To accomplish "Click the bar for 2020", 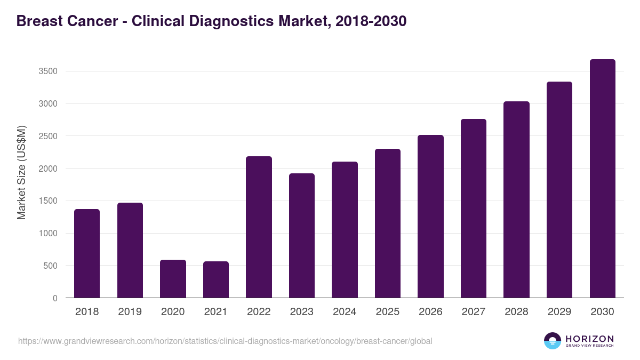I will [x=173, y=279].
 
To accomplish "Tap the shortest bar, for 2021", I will [x=216, y=279].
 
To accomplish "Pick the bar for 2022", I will [x=259, y=227].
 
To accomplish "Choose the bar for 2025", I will [x=388, y=223].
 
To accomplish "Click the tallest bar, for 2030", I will [x=602, y=179].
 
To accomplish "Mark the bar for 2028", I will [x=516, y=199].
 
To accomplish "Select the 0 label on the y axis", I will [x=55, y=299].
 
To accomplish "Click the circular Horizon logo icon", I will [x=552, y=341].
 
